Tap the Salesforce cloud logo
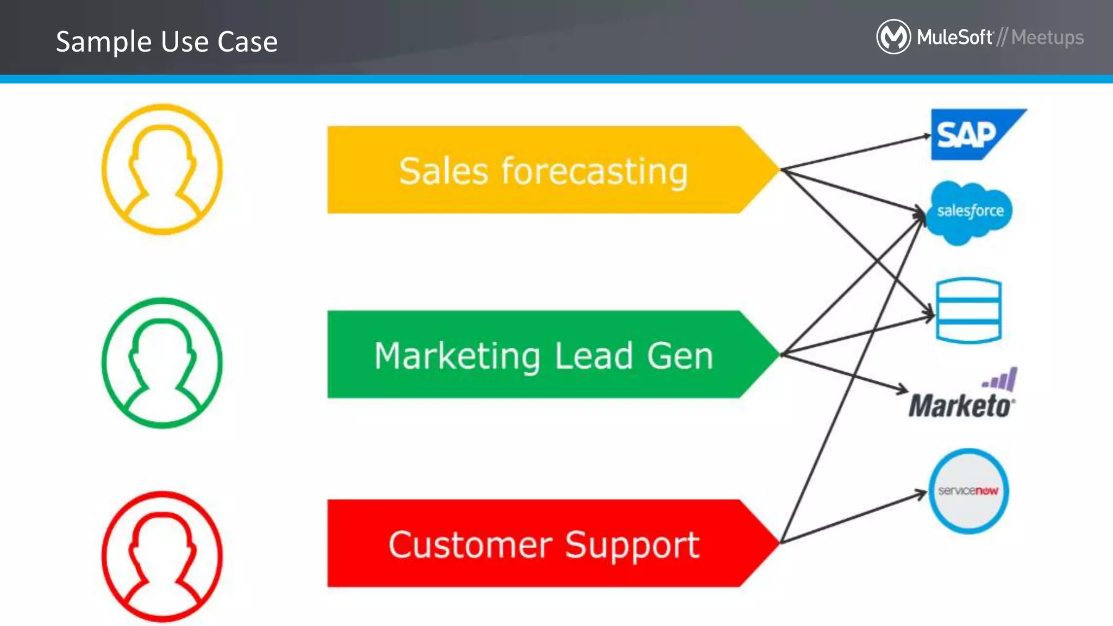pyautogui.click(x=970, y=212)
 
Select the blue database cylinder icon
pyautogui.click(x=968, y=311)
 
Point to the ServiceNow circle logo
pyautogui.click(x=968, y=491)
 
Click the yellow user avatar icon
pyautogui.click(x=162, y=170)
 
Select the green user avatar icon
pyautogui.click(x=162, y=363)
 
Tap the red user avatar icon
pyautogui.click(x=162, y=556)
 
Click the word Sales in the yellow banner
pyautogui.click(x=443, y=171)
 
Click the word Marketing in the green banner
pyautogui.click(x=457, y=356)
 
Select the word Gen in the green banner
pyautogui.click(x=680, y=356)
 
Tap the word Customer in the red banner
pyautogui.click(x=470, y=544)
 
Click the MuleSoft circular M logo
pyautogui.click(x=893, y=37)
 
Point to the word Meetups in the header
pyautogui.click(x=1047, y=37)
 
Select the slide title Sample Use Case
pyautogui.click(x=167, y=42)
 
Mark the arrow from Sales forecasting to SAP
pyautogui.click(x=856, y=153)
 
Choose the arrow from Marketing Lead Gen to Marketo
pyautogui.click(x=845, y=372)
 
